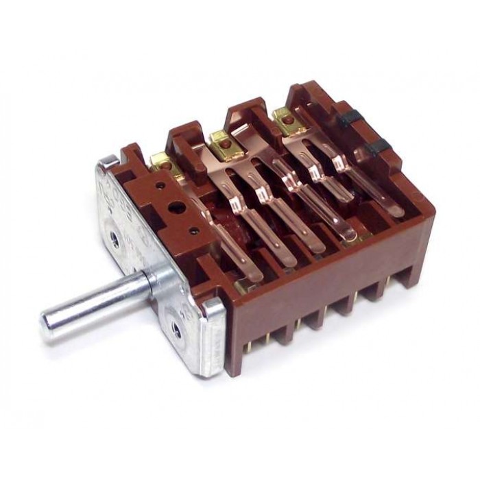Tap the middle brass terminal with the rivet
pos(220,139)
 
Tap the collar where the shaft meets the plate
pos(152,280)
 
